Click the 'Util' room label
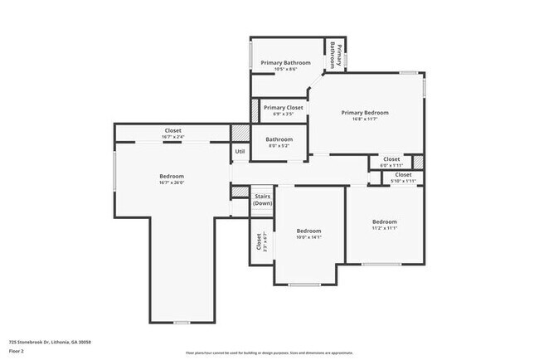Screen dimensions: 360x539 coord(240,152)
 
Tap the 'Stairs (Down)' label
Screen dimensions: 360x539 coord(262,200)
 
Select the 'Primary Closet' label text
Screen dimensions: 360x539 coord(283,108)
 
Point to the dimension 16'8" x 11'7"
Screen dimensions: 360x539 coord(365,119)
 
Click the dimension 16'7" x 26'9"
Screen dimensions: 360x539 coord(172,182)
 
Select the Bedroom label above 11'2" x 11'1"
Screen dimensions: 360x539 coord(384,221)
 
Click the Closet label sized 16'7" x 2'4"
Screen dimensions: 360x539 coord(172,130)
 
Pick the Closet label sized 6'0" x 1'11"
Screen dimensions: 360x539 coord(391,158)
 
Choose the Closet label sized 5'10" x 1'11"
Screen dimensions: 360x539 coord(403,175)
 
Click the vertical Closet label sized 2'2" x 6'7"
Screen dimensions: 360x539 coord(258,241)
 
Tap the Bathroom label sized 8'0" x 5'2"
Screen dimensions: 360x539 coord(279,139)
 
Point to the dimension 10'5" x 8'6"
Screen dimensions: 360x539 coord(285,70)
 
